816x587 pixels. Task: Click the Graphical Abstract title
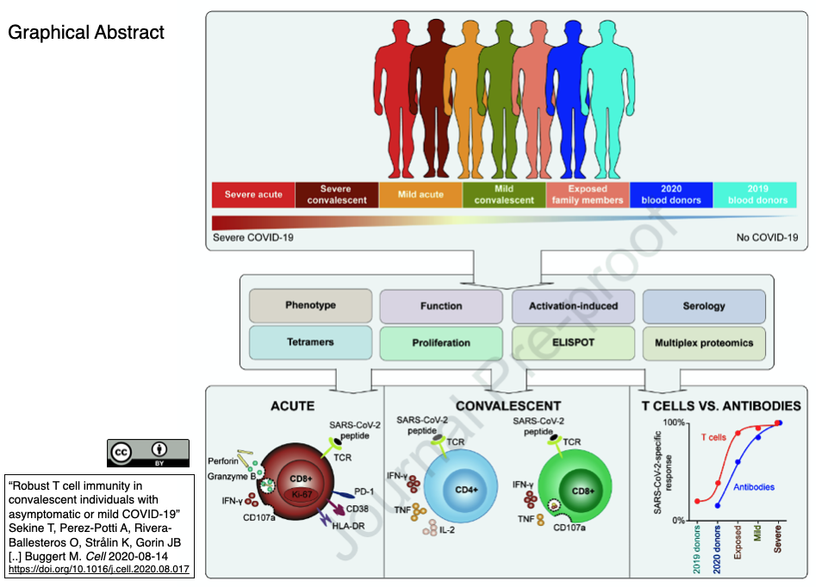(x=86, y=34)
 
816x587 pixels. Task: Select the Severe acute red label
(x=253, y=195)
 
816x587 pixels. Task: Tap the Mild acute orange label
(x=420, y=195)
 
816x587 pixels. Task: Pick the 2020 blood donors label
(x=672, y=195)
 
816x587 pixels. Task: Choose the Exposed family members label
(x=588, y=195)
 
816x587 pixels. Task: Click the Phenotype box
(x=310, y=306)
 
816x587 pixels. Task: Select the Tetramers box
(x=310, y=343)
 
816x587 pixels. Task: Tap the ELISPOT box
(x=573, y=343)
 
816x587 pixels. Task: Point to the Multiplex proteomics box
(x=704, y=343)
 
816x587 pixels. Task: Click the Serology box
(x=704, y=306)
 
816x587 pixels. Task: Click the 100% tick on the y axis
(x=675, y=423)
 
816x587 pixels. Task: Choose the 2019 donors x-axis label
(x=696, y=551)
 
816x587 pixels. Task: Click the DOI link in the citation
(x=100, y=569)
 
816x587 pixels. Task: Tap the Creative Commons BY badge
(x=148, y=452)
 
